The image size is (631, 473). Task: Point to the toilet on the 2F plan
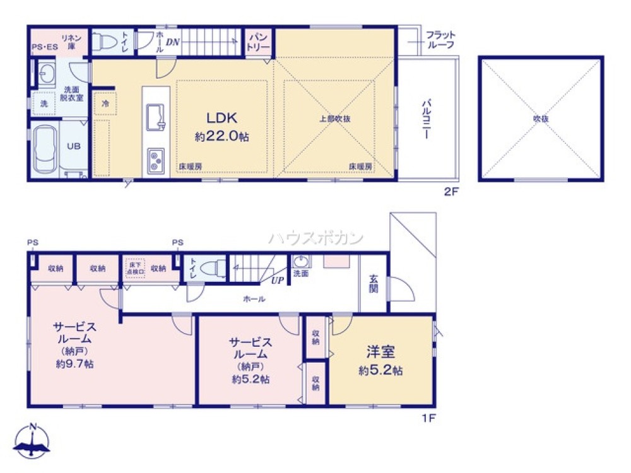[x=105, y=42]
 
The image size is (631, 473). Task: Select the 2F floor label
[x=450, y=192]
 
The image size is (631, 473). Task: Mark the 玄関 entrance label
[x=373, y=286]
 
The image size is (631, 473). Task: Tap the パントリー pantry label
[x=259, y=42]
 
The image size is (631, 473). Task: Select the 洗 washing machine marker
[x=44, y=103]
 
